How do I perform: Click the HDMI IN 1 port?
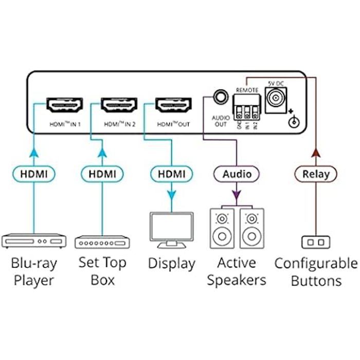65,106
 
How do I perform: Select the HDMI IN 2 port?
119,106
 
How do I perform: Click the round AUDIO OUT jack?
221,96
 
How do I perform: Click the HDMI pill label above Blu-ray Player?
34,174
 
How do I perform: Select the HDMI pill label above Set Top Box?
102,174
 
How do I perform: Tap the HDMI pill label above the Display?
171,174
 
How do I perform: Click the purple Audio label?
237,174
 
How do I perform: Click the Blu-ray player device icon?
34,241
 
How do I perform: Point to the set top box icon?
102,242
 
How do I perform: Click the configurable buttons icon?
315,242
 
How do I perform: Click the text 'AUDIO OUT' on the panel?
220,120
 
